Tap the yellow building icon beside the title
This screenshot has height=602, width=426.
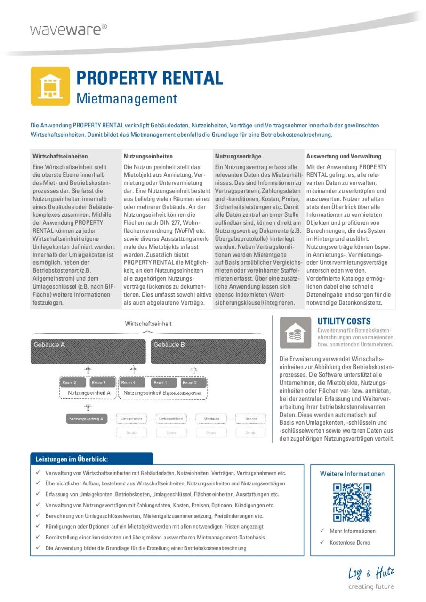pos(50,86)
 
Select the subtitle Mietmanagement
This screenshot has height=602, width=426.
pos(127,99)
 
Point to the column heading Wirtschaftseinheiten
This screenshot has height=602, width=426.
pos(60,156)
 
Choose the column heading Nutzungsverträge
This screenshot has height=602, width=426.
pos(238,156)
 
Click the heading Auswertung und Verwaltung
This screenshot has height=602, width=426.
pos(344,156)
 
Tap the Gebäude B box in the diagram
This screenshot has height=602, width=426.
pos(208,350)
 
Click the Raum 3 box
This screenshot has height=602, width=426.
pos(99,383)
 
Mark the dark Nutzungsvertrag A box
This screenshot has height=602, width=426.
pos(87,418)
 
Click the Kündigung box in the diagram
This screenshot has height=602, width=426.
pos(211,418)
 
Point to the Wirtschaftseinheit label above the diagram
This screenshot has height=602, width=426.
pos(148,324)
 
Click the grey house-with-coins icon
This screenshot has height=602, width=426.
pos(295,333)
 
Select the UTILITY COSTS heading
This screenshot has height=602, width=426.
pos(344,321)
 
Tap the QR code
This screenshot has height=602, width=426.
pos(352,502)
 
